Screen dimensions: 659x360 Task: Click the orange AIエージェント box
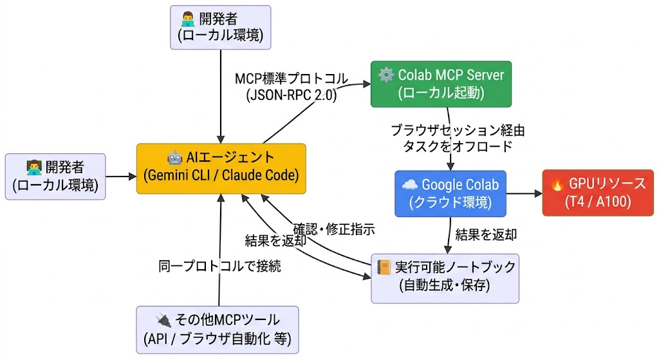(x=221, y=168)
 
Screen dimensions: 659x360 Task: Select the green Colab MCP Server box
(x=441, y=84)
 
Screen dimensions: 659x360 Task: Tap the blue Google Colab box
(x=450, y=193)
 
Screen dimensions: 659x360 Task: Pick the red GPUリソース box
(x=598, y=193)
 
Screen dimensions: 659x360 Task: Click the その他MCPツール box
(x=218, y=330)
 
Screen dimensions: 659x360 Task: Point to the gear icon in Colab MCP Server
(x=386, y=75)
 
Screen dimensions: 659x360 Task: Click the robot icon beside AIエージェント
(x=174, y=158)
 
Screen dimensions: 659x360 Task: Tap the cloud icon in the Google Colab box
(x=409, y=184)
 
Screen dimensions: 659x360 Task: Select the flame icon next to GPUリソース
(x=557, y=184)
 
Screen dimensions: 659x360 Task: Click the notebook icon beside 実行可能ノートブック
(x=384, y=267)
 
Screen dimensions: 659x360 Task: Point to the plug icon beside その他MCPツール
(x=163, y=321)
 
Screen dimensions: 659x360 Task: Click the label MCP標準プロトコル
(x=292, y=79)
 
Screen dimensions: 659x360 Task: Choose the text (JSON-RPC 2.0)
(x=292, y=95)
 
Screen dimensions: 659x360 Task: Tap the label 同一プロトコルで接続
(x=220, y=266)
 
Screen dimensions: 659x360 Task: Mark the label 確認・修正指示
(x=334, y=229)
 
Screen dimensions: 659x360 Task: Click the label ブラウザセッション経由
(x=458, y=130)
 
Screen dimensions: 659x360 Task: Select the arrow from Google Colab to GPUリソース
(x=524, y=193)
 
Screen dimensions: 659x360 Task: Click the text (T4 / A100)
(x=598, y=202)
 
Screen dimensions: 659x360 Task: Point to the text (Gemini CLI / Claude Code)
(x=221, y=175)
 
